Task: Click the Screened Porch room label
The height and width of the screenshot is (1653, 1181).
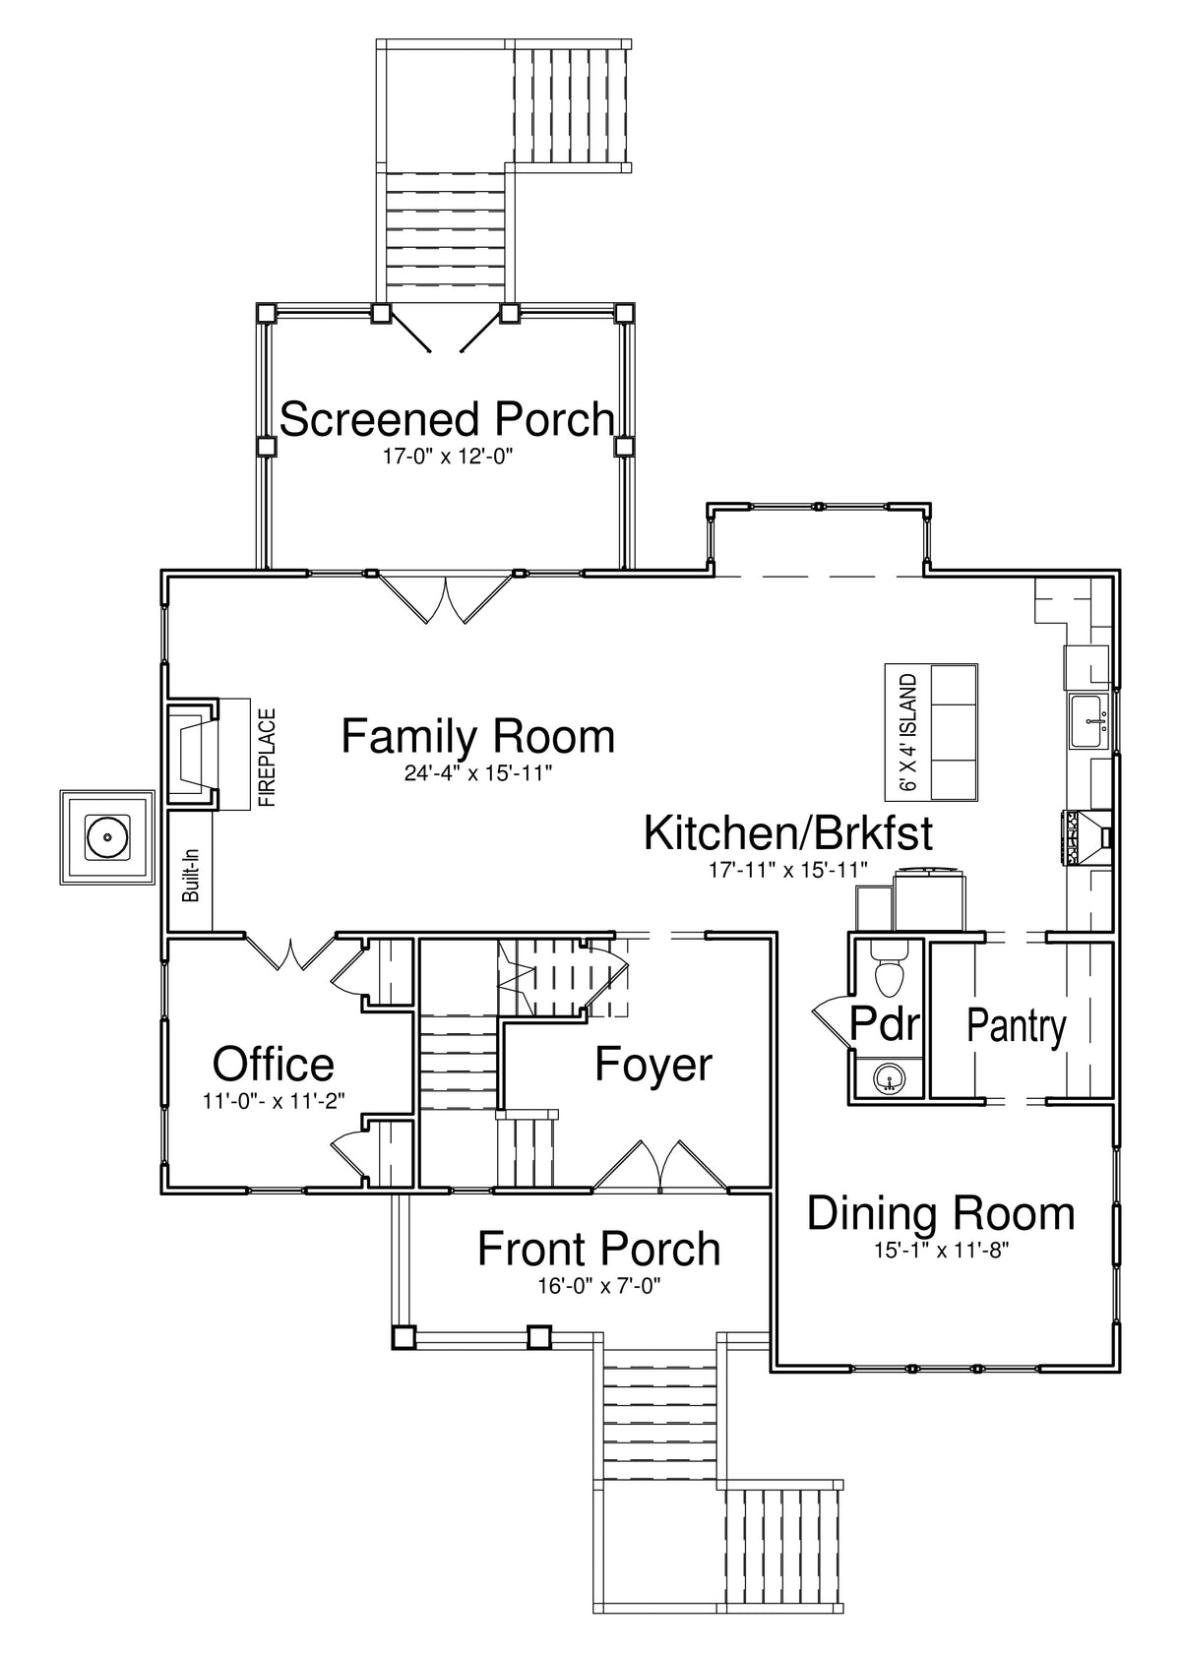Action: [447, 418]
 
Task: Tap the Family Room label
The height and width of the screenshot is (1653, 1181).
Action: [477, 736]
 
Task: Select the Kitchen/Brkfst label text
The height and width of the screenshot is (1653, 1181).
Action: [787, 833]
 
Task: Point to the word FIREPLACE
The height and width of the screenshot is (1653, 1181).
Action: [268, 758]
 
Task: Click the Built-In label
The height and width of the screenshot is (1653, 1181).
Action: [191, 876]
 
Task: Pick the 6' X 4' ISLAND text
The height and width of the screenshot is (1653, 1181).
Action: [908, 733]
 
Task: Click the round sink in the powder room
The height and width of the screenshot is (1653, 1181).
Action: [888, 1082]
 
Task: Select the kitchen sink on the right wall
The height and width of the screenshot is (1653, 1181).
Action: [1088, 721]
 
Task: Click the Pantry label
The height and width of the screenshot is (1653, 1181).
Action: [1017, 1027]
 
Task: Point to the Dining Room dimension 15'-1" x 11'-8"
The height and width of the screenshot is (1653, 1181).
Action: [941, 1251]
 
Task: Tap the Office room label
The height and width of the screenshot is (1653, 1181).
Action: [274, 1064]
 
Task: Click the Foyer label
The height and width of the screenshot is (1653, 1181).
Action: [653, 1065]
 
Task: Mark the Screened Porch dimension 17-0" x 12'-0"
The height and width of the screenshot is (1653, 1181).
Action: [447, 457]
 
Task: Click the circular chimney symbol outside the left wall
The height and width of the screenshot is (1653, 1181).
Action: [108, 836]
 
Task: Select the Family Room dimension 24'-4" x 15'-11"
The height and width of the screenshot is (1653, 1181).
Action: [477, 772]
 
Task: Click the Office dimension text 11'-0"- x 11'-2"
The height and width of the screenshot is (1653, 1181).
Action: [274, 1101]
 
